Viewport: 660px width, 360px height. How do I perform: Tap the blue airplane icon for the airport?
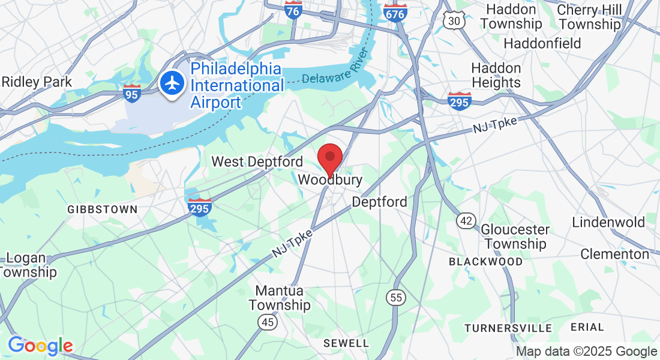pos(173,82)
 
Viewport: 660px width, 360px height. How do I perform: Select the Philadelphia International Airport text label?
pos(236,85)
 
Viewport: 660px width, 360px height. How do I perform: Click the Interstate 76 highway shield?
pos(293,11)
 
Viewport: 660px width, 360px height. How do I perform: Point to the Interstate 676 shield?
pos(395,12)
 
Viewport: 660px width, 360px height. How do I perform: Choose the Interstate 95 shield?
pos(132,92)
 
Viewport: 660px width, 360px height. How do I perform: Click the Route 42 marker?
pos(466,221)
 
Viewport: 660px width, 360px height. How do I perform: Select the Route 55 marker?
pos(395,297)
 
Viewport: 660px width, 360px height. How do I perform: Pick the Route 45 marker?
pos(268,323)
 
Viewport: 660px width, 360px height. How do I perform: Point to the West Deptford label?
pos(257,162)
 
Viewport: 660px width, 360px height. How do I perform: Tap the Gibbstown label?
pos(102,209)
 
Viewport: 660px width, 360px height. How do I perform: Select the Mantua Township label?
pos(280,298)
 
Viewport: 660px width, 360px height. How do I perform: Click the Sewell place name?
pos(346,343)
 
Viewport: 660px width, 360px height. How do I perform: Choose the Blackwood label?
pos(485,262)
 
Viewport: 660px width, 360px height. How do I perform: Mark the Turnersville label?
pos(508,328)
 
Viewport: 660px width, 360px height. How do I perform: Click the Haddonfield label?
pos(542,43)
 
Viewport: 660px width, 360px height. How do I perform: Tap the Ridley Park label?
pos(37,82)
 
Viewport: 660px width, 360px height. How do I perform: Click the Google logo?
pos(40,346)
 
